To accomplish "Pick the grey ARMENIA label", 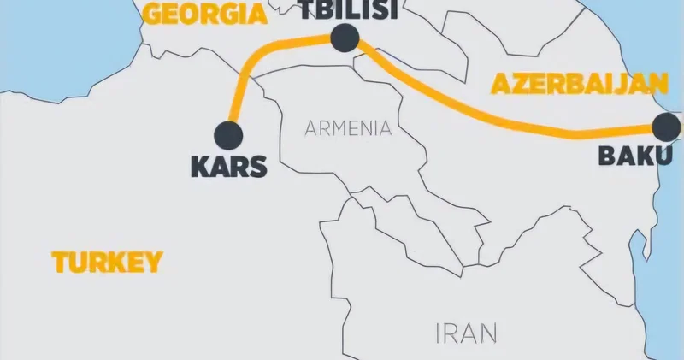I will (x=349, y=129).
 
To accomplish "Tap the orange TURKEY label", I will (x=107, y=262).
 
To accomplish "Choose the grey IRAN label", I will (x=466, y=332).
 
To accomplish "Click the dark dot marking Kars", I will (x=228, y=133).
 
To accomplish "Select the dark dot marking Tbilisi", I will (x=344, y=37).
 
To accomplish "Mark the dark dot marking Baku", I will (x=664, y=127).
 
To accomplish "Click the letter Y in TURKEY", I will (x=152, y=262).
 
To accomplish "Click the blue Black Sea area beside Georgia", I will (x=51, y=34).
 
